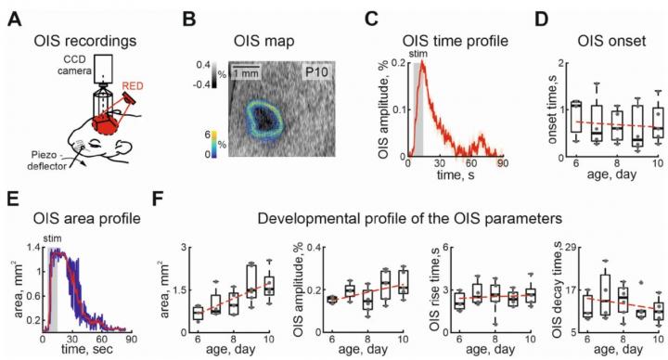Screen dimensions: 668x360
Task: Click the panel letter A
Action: pos(15,20)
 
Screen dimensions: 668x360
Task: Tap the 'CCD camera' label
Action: pos(74,65)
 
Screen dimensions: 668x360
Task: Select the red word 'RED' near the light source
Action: pos(133,86)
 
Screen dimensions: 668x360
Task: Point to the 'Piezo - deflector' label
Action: pos(47,161)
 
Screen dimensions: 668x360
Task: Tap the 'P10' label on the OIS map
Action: pos(316,71)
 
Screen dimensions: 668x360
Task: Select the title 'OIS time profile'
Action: pos(455,41)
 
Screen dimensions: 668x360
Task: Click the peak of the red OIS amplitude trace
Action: pos(422,61)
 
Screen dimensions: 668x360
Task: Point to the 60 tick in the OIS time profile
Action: pos(471,163)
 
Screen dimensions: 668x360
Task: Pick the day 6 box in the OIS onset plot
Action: pos(577,117)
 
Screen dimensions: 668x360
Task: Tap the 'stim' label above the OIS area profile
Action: pos(52,238)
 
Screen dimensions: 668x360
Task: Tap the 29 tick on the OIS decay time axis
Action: pos(571,248)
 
